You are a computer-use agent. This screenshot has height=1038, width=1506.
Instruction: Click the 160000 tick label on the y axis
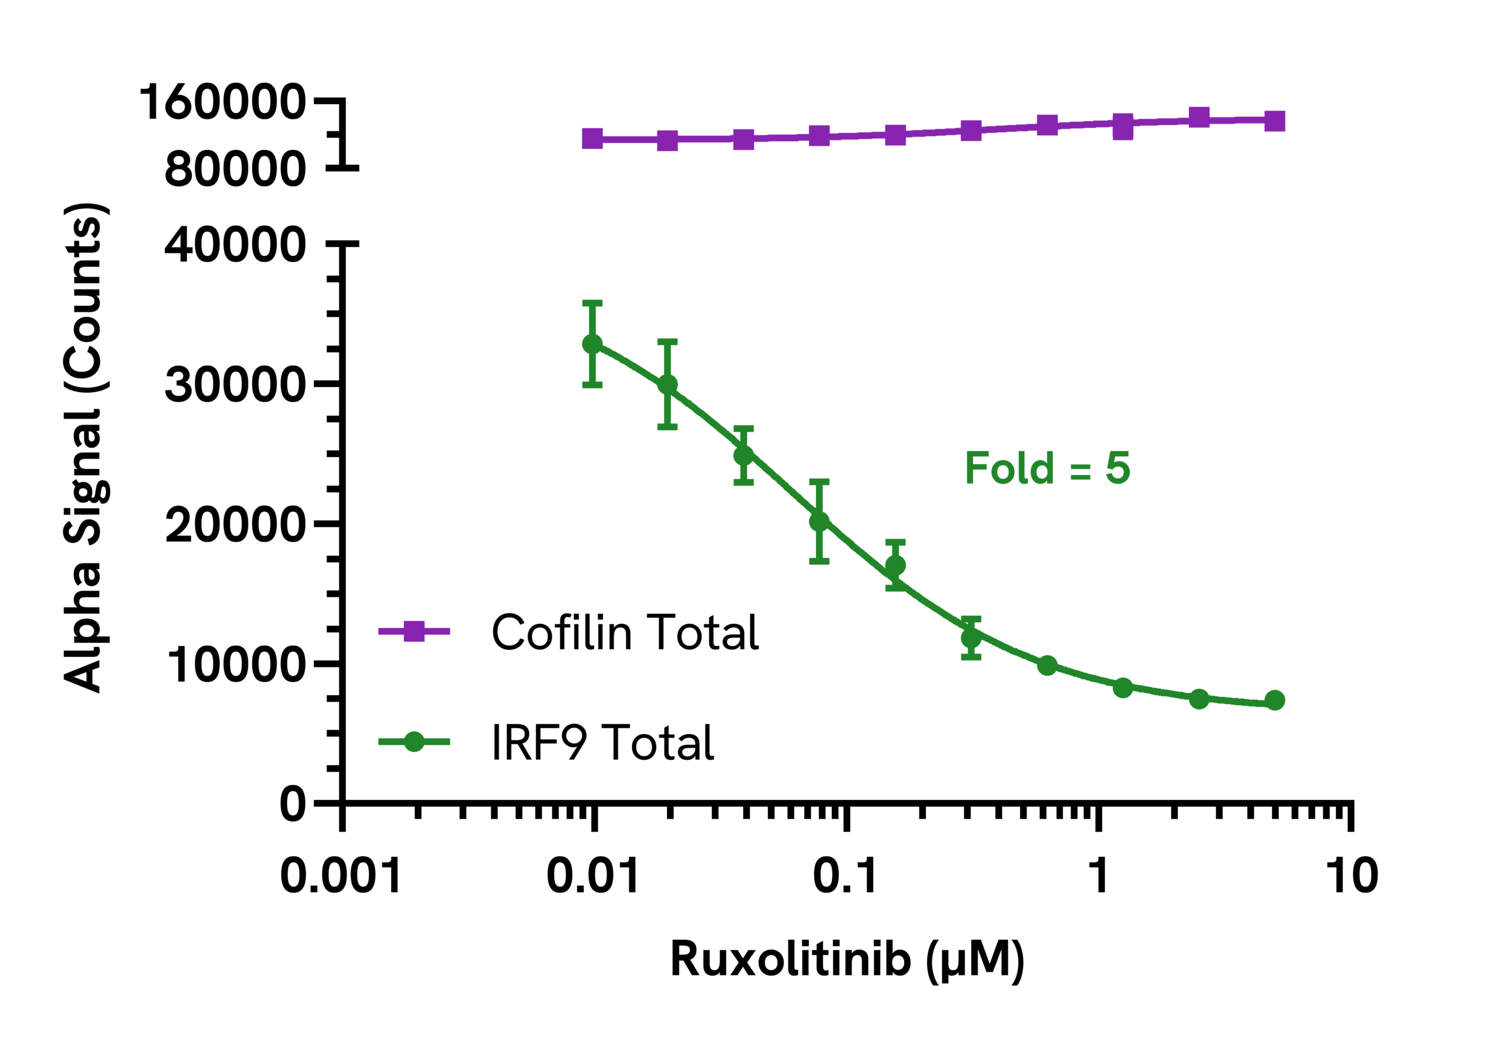click(x=222, y=102)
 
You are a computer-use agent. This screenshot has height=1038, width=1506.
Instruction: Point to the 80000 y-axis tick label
click(x=234, y=169)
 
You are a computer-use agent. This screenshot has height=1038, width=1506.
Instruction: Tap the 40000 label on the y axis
click(x=234, y=246)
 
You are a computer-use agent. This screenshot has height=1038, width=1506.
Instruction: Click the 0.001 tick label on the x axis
click(x=341, y=876)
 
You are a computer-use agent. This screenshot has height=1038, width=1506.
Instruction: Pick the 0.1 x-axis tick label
click(x=845, y=876)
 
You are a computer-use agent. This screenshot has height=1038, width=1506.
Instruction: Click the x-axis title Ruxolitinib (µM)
click(x=847, y=960)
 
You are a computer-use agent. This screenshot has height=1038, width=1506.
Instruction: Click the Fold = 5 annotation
click(x=1047, y=468)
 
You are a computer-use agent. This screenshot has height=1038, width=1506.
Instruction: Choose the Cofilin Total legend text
click(x=625, y=632)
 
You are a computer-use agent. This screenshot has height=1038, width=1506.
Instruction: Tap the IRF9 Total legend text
click(x=602, y=742)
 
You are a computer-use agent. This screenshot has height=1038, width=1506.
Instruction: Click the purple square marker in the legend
click(x=414, y=631)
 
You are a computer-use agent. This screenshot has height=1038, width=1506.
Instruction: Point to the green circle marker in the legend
click(x=414, y=742)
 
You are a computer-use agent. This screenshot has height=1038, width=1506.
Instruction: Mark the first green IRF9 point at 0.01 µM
click(x=592, y=344)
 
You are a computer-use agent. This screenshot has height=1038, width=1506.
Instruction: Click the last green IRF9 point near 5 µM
click(x=1274, y=700)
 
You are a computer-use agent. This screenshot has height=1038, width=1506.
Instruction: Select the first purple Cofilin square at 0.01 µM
click(x=592, y=139)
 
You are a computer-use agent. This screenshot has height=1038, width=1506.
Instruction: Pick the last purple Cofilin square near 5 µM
click(x=1274, y=121)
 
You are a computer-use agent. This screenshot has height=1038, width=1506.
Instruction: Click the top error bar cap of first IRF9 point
click(x=592, y=302)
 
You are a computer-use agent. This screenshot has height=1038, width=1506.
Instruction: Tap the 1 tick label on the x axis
click(x=1098, y=876)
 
